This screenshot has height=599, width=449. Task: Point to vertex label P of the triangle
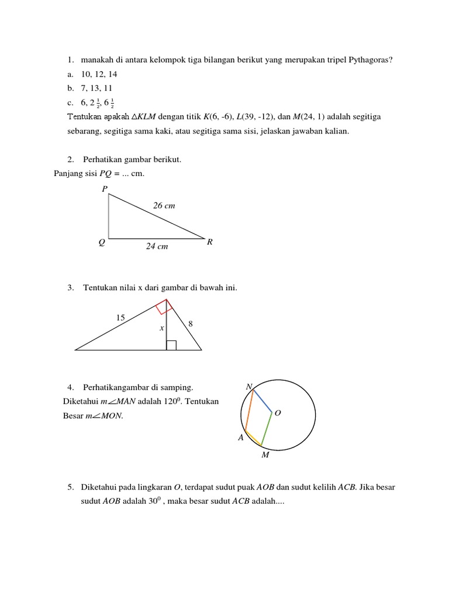104,188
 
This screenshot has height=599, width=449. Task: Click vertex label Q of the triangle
102,242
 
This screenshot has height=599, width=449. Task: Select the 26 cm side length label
164,206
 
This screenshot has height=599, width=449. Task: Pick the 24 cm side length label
157,247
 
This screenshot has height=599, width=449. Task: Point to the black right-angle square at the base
171,345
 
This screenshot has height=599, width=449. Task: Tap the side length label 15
120,318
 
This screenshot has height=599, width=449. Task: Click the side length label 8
191,323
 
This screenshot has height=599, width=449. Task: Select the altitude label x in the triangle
161,329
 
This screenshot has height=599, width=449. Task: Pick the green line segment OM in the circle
267,429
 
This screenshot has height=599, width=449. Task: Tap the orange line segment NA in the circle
249,410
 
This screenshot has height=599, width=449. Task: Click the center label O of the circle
278,413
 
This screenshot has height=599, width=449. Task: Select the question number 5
70,487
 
